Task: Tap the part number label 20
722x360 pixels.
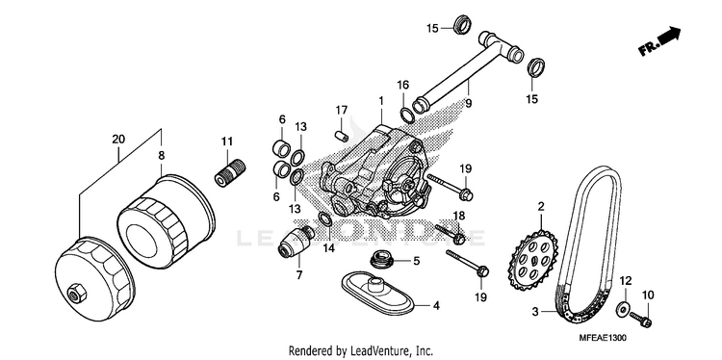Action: [118, 139]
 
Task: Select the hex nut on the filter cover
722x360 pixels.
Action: [75, 294]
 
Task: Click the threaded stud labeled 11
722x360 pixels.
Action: [230, 172]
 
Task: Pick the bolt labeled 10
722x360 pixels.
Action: [640, 318]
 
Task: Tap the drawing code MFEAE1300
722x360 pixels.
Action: [604, 338]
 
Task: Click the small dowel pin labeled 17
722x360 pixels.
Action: [341, 136]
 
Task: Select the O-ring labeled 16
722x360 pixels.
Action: [406, 116]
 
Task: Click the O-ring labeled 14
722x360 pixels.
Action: [324, 220]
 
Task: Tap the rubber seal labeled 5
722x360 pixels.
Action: [381, 260]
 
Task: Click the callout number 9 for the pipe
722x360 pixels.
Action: [468, 104]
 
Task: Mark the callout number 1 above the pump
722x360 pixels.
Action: [381, 100]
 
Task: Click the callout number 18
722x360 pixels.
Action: [459, 216]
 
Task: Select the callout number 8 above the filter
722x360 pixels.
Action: [161, 156]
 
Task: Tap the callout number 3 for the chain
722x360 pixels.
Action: [535, 312]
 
